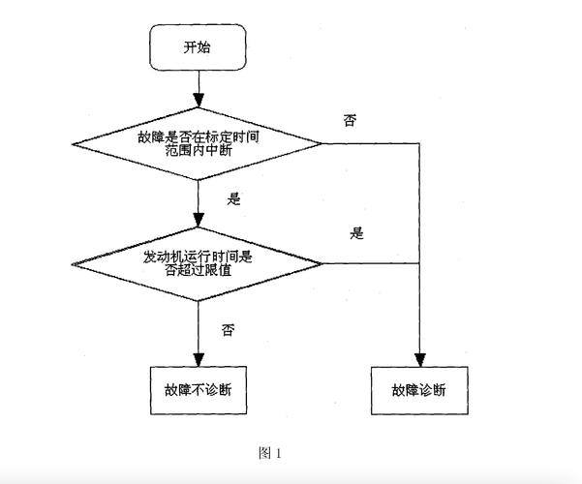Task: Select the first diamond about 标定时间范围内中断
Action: pyautogui.click(x=198, y=144)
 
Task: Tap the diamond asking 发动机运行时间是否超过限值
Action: pyautogui.click(x=198, y=262)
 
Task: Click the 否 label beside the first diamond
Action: pyautogui.click(x=349, y=120)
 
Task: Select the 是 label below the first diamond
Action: pyautogui.click(x=232, y=198)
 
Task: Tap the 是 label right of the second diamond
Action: pyautogui.click(x=356, y=233)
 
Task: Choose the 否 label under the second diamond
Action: pyautogui.click(x=228, y=330)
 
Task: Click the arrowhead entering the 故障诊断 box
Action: pyautogui.click(x=419, y=360)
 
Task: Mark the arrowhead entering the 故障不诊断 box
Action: pyautogui.click(x=197, y=360)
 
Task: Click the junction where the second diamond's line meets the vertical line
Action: pyautogui.click(x=419, y=262)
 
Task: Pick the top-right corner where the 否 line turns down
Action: pyautogui.click(x=419, y=144)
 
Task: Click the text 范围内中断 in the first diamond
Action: pyautogui.click(x=198, y=152)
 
